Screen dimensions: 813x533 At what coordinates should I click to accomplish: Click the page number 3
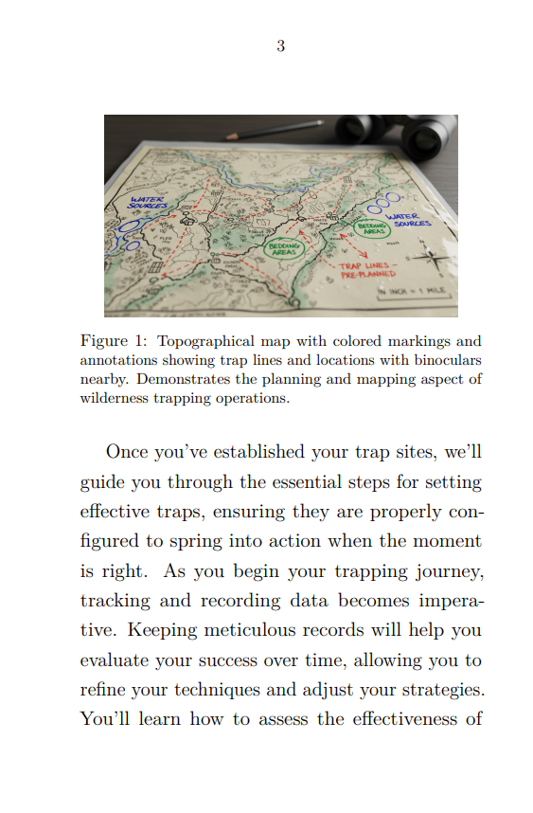(280, 46)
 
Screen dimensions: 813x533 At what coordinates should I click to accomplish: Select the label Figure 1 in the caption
(112, 341)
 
